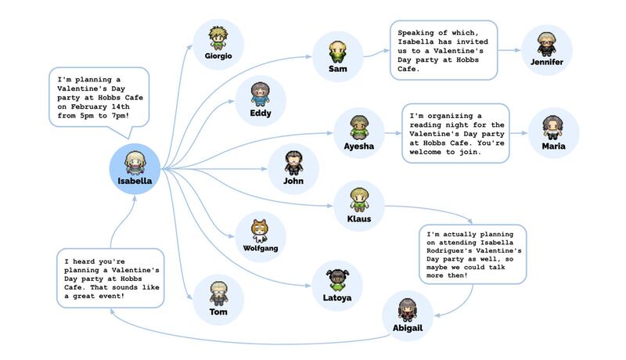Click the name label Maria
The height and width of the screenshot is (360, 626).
pos(553,146)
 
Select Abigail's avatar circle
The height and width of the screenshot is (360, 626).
pos(407,315)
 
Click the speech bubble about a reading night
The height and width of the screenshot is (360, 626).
pos(454,133)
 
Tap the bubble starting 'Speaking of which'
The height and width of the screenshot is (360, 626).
pos(443,50)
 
